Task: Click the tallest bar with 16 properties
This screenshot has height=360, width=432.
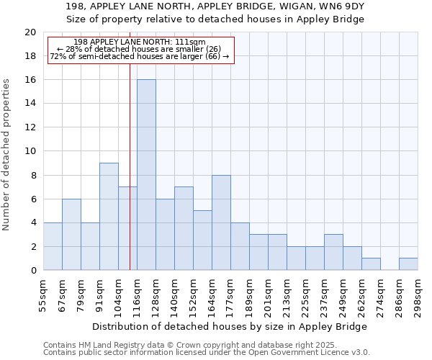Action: point(146,175)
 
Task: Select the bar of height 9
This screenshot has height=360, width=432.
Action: point(109,216)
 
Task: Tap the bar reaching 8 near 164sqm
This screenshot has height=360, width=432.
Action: point(221,222)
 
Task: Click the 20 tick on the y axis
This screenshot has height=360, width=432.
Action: point(30,32)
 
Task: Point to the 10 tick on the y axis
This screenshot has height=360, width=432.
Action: point(30,151)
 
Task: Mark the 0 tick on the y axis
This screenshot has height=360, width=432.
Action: point(33,270)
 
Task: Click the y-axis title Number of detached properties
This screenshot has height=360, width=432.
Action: point(7,155)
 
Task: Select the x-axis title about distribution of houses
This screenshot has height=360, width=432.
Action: point(230,326)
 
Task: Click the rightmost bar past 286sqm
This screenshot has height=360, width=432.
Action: point(408,264)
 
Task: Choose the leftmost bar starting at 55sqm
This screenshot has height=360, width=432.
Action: point(53,246)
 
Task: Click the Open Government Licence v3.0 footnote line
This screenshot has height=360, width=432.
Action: point(207,353)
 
